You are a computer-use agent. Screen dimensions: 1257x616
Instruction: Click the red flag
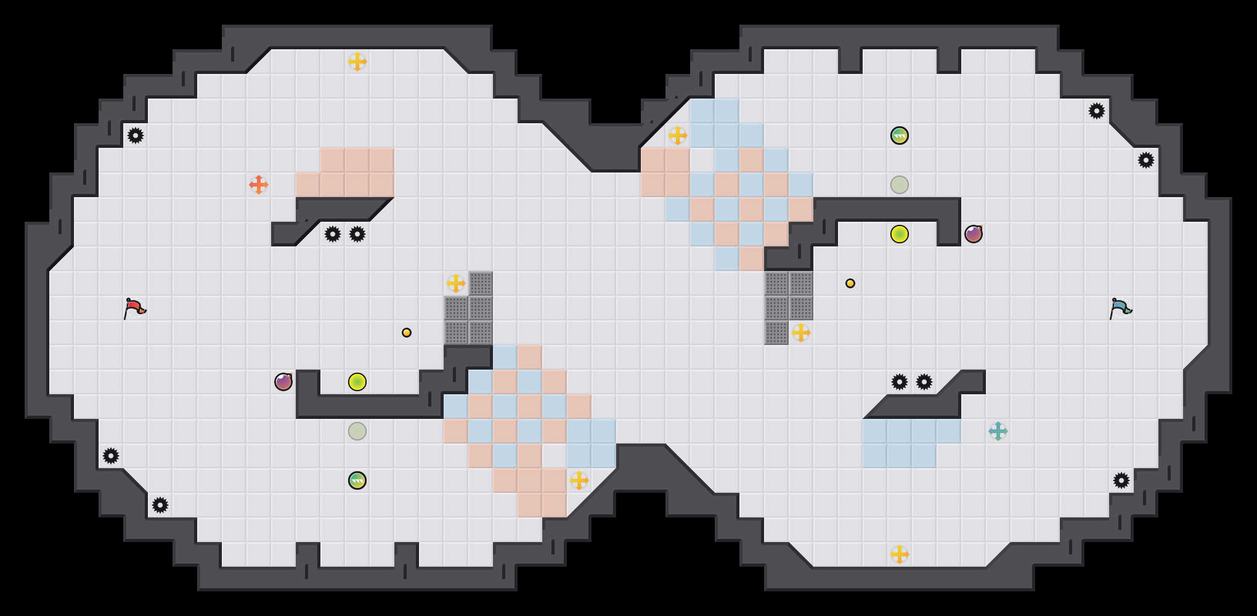coord(134,307)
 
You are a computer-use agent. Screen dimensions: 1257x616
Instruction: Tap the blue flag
coord(1120,307)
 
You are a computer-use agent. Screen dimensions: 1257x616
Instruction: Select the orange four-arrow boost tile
coord(259,184)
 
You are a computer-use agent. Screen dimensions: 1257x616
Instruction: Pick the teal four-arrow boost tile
coord(998,431)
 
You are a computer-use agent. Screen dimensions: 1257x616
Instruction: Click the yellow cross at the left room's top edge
coord(357,62)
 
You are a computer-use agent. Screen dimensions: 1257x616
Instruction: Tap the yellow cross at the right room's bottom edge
coord(900,554)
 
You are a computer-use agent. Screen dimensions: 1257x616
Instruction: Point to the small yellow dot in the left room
coord(407,333)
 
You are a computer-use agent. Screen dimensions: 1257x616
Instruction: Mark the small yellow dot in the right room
coord(850,283)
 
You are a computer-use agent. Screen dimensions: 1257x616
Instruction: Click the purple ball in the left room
coord(283,382)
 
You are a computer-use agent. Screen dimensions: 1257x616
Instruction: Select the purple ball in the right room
coord(974,234)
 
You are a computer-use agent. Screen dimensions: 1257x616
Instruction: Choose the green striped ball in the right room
coord(900,136)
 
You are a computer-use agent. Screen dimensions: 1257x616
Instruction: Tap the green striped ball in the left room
coord(357,480)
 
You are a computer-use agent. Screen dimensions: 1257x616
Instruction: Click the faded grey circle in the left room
coord(357,431)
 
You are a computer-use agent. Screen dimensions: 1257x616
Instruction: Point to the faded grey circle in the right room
coord(900,185)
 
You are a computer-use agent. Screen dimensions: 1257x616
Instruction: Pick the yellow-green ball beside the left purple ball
coord(357,382)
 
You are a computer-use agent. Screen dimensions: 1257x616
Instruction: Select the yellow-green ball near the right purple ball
coord(900,234)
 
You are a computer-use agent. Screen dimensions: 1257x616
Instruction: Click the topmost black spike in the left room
coord(136,136)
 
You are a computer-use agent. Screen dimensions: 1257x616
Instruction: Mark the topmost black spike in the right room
coord(1097,111)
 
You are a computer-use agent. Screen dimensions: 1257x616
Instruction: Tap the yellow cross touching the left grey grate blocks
coord(456,283)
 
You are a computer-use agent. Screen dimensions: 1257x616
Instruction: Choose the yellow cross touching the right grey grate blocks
coord(801,333)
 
